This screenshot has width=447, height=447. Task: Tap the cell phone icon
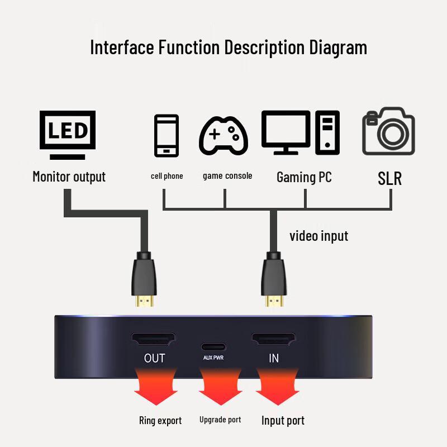166,135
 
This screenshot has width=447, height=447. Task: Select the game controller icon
223,135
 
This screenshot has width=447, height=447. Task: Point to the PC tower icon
327,132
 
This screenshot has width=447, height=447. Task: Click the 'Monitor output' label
69,177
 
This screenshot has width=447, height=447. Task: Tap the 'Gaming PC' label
304,177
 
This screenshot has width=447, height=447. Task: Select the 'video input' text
318,236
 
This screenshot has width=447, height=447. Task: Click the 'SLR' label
389,178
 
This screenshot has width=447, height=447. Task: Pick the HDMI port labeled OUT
153,339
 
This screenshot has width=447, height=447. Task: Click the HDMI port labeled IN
273,339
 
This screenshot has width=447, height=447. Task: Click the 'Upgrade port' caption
220,420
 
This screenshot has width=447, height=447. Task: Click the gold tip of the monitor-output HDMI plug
145,301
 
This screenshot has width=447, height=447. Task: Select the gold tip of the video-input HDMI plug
273,301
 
